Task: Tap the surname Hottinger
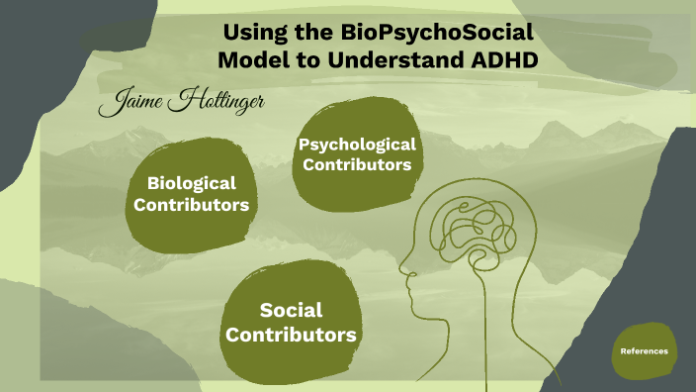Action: click(x=218, y=102)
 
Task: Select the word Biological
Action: click(x=191, y=183)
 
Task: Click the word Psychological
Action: click(x=357, y=145)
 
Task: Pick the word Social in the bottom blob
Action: click(x=291, y=311)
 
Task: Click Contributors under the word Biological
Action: click(x=191, y=206)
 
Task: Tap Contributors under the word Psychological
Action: click(x=357, y=165)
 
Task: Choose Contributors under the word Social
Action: click(x=291, y=336)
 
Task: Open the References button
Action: click(x=644, y=351)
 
